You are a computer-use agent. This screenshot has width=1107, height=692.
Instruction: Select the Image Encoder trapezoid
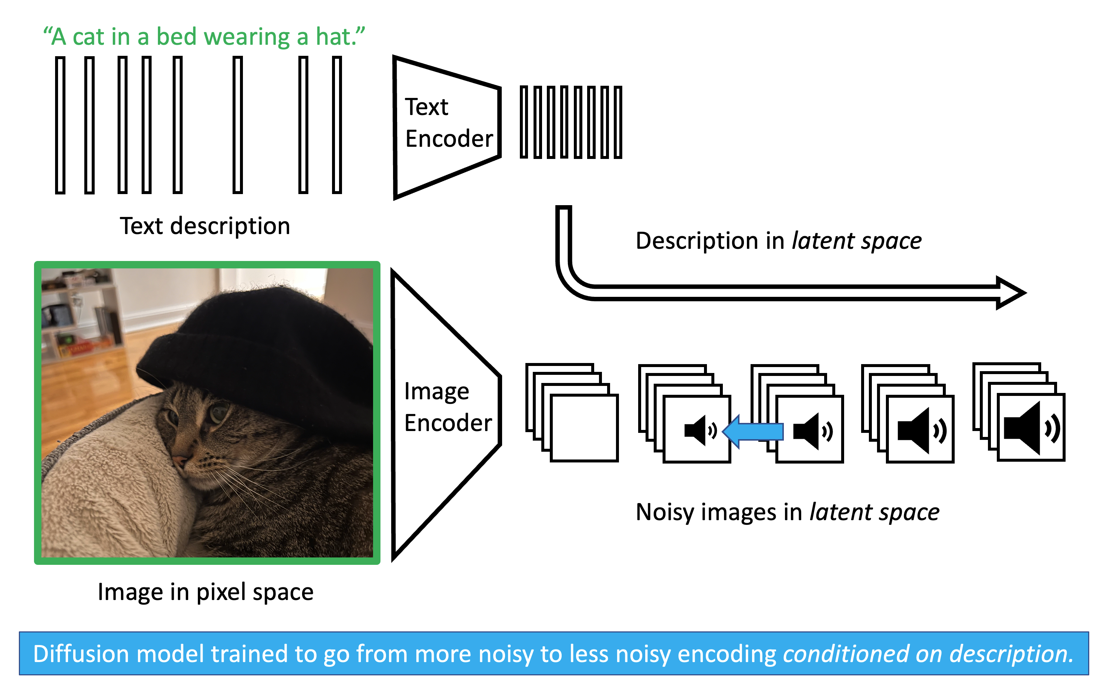click(444, 412)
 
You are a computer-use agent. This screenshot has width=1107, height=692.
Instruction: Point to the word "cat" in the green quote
click(88, 37)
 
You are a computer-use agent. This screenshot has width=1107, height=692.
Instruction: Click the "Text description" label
click(205, 226)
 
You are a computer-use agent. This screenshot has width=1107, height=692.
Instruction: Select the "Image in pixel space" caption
click(206, 592)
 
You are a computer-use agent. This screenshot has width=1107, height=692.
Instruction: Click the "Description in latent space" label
click(778, 241)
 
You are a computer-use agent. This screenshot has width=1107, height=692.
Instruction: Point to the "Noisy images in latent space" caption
click(787, 512)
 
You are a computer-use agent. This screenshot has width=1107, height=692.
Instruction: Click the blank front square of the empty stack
click(584, 428)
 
